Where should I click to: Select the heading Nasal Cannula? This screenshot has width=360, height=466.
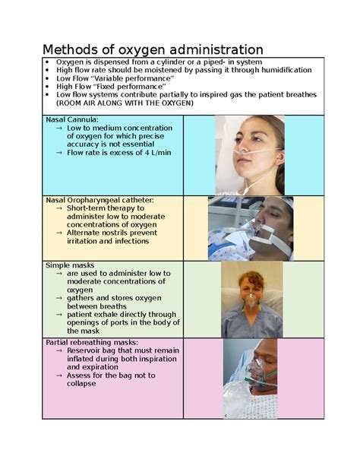point(71,120)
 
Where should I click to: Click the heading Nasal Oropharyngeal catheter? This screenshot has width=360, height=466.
point(99,200)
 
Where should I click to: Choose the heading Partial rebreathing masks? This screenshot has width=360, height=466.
point(91,343)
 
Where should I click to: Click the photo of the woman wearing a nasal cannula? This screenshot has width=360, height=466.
point(250,154)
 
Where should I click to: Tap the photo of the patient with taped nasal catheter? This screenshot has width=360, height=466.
point(251,228)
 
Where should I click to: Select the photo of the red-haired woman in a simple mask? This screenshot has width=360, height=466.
point(251,300)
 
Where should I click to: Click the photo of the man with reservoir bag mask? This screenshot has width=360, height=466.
point(251,379)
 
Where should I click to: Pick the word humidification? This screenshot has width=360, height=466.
point(282,70)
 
